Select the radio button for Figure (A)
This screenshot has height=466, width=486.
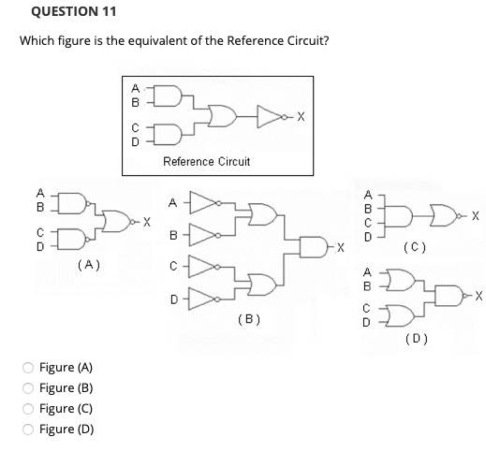29,370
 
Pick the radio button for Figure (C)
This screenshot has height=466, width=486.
29,410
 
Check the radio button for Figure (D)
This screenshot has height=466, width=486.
29,430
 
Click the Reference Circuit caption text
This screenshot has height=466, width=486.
206,162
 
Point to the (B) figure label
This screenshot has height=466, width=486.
250,319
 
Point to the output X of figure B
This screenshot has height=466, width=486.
344,248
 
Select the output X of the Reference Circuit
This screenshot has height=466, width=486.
300,118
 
